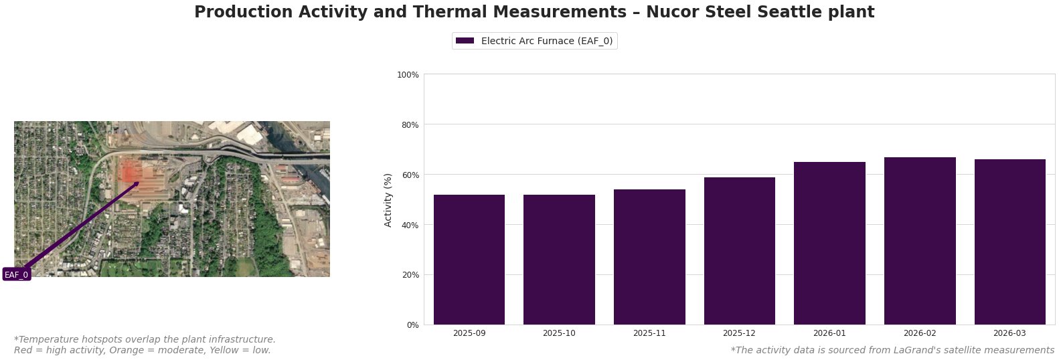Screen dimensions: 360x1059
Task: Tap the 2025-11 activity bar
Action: pyautogui.click(x=649, y=257)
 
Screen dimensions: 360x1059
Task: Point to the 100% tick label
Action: pyautogui.click(x=408, y=74)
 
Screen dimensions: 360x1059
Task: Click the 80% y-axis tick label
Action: pyautogui.click(x=410, y=124)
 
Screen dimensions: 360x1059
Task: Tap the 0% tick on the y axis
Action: pyautogui.click(x=412, y=325)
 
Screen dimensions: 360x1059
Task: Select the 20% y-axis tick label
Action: pyautogui.click(x=410, y=275)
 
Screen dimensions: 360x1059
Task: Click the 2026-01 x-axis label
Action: pyautogui.click(x=829, y=333)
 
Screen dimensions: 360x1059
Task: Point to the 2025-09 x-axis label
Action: pyautogui.click(x=469, y=333)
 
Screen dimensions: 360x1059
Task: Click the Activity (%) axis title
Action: pyautogui.click(x=388, y=199)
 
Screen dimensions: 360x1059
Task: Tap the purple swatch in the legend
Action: pyautogui.click(x=465, y=41)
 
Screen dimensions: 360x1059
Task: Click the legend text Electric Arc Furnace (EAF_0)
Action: pyautogui.click(x=546, y=41)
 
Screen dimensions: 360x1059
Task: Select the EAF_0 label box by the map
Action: pyautogui.click(x=17, y=274)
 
